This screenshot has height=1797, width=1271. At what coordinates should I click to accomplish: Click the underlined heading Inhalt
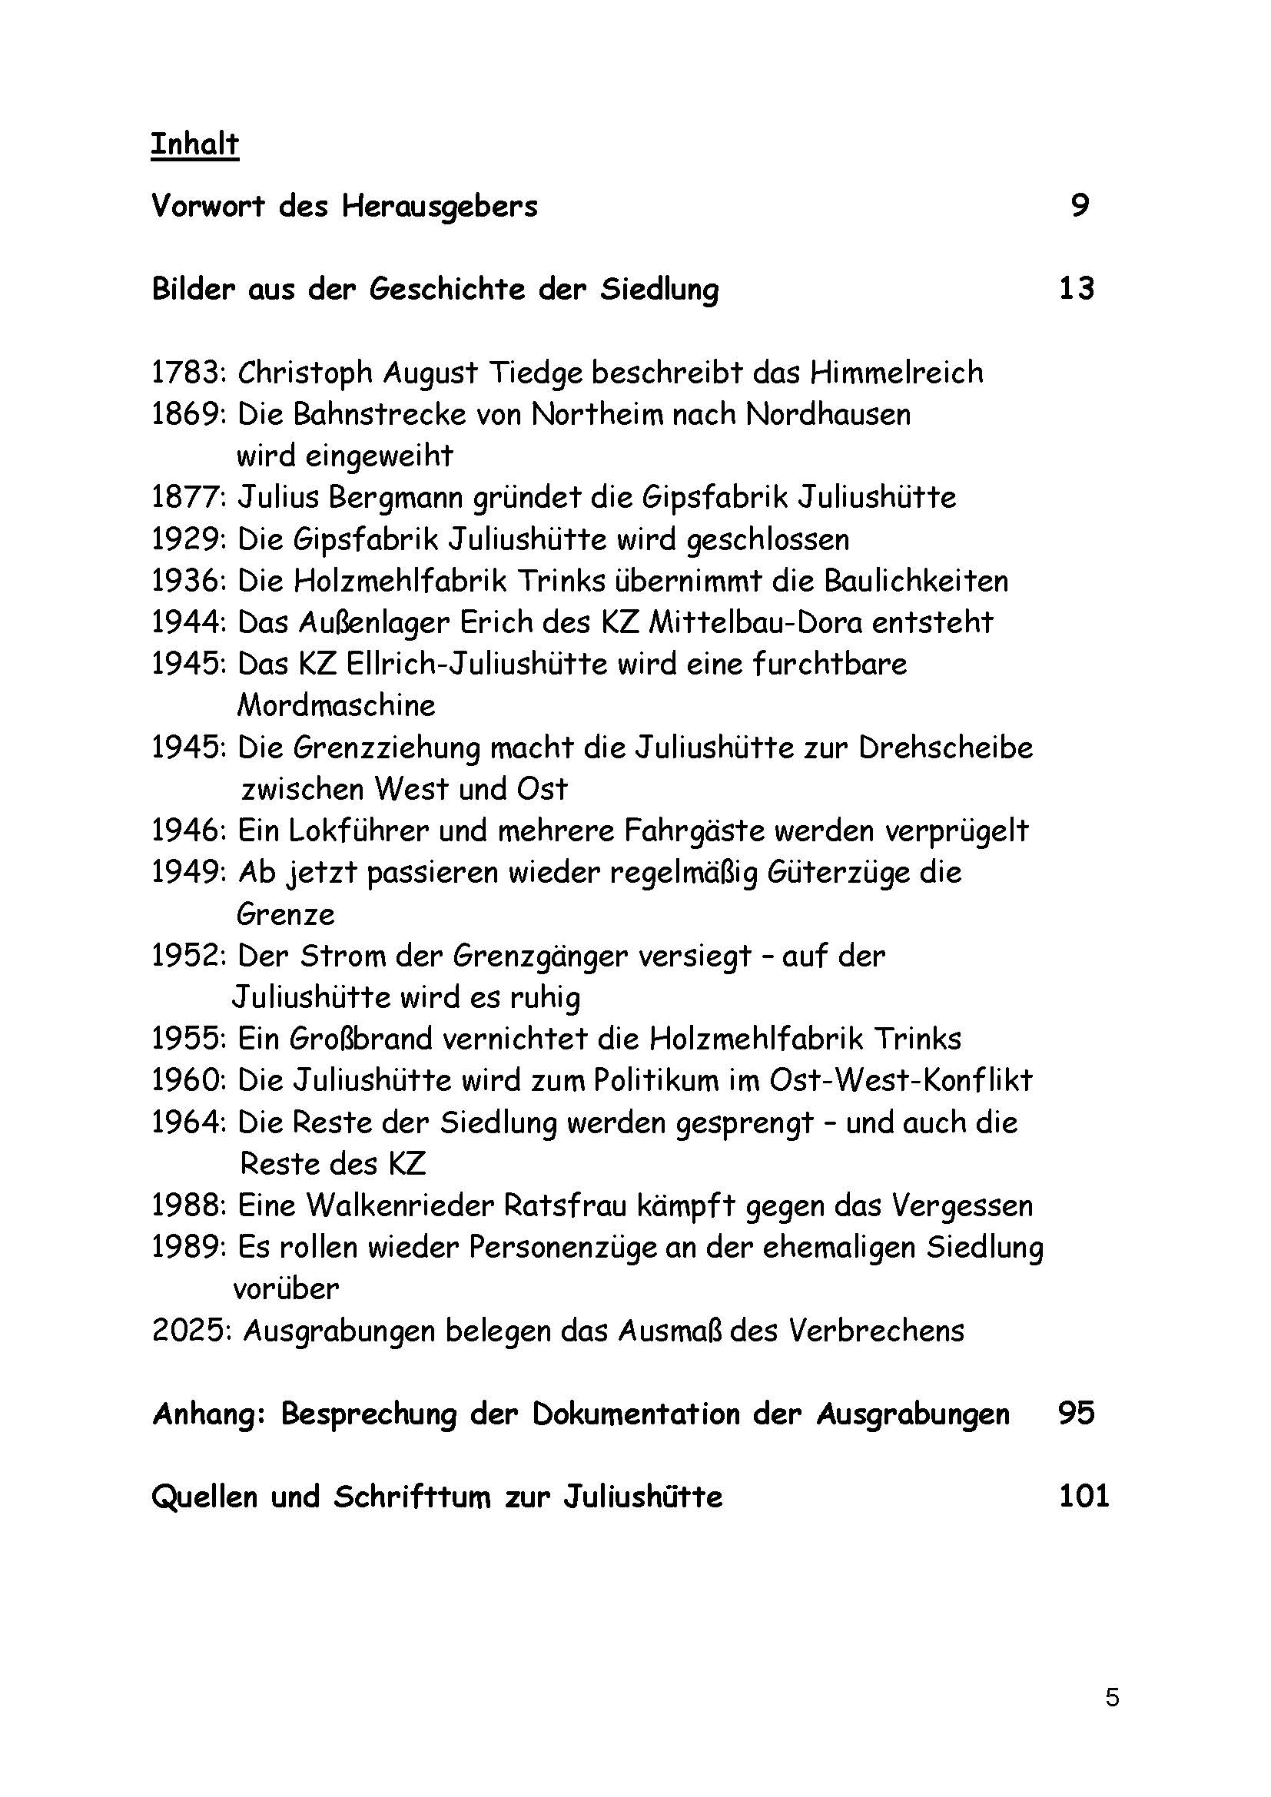[x=194, y=144]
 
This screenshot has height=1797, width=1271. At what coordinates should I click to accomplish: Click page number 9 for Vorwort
[x=1080, y=206]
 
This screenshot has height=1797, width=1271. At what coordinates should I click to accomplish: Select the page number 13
[x=1076, y=289]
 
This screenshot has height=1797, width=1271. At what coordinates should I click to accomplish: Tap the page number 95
[x=1076, y=1414]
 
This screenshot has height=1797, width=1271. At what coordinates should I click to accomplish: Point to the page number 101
[x=1084, y=1497]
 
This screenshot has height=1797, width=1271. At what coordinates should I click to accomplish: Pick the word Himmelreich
[x=896, y=373]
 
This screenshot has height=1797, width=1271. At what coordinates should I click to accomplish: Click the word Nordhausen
[x=828, y=414]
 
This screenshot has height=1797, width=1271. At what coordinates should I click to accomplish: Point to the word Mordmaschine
[x=336, y=706]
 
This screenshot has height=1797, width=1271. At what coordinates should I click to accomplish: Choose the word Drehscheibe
[x=945, y=748]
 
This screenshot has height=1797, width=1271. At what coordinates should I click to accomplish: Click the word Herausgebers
[x=439, y=207]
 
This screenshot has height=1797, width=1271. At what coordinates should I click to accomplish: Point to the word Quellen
[x=205, y=1497]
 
